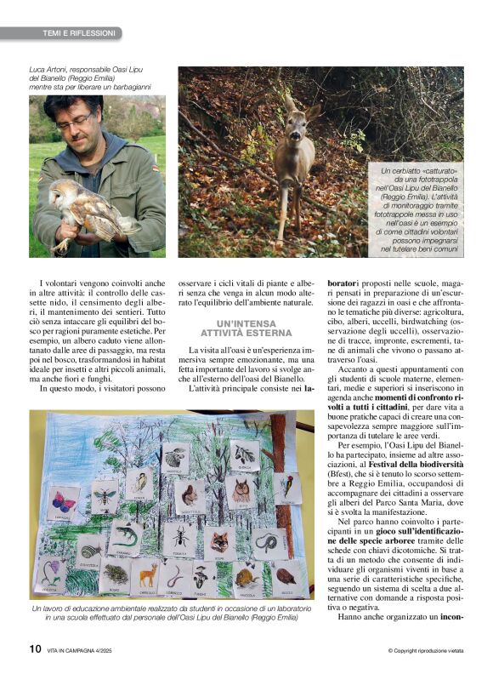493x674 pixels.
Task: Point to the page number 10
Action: tap(35, 648)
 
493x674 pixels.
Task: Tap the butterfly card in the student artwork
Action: tap(64, 502)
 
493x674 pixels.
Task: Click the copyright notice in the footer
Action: tap(426, 651)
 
